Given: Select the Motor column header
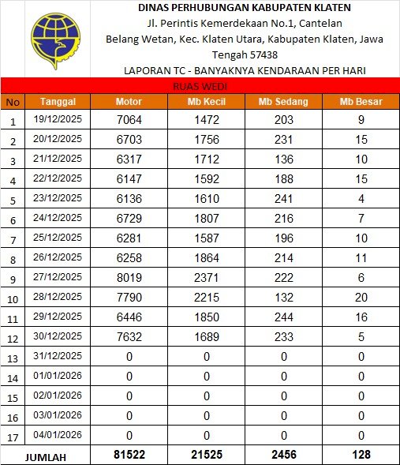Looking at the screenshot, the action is pos(129,102).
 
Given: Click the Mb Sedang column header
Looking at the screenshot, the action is pos(282,102).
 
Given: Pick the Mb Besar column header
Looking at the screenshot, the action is pos(361,102).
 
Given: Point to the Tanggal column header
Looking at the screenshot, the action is pos(58,102).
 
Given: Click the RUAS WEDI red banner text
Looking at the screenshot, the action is pos(199,86).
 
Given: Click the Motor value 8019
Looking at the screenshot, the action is pos(129,277).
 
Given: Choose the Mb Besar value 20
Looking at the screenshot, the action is pos(361,297).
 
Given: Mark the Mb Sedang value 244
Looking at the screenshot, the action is pos(282,317).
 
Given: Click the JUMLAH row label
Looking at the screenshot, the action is pos(45,456).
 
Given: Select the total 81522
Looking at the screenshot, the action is pos(129,456).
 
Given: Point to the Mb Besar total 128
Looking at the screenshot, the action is pos(361,456).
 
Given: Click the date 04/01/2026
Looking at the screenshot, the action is pos(58,435).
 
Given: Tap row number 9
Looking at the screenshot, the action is pos(13,279).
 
